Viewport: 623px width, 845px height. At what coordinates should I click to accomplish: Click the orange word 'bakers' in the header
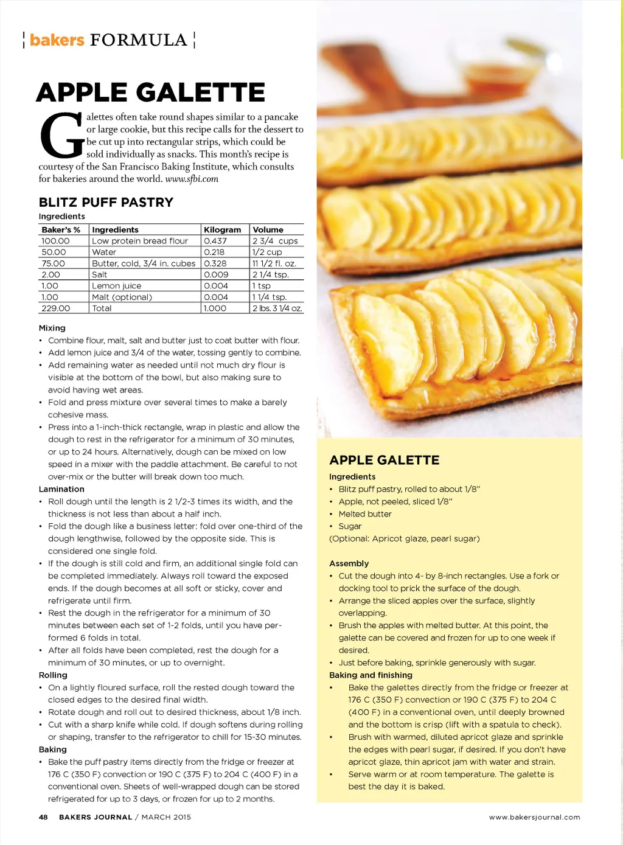tap(57, 40)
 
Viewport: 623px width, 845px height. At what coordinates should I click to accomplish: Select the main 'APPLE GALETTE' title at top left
tap(150, 92)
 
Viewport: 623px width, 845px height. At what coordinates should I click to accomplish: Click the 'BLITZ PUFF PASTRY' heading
tap(106, 203)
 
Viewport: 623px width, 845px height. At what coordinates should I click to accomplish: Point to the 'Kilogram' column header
tap(222, 230)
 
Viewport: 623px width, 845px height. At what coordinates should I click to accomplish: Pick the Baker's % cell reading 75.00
tap(54, 263)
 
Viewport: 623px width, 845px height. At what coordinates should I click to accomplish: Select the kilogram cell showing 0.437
tap(215, 241)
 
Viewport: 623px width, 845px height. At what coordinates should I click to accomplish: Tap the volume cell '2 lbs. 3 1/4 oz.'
tap(277, 308)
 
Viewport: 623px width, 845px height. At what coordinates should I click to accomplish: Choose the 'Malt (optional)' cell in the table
tap(122, 297)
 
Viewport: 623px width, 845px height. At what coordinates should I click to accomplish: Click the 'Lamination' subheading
tap(61, 489)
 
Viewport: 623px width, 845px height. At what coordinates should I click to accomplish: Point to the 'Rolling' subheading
tap(53, 675)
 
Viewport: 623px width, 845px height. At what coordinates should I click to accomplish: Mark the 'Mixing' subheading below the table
tap(52, 328)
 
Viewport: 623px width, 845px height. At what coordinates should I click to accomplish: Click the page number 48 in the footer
tap(43, 817)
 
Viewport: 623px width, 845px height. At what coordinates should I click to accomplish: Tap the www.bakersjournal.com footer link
tap(534, 817)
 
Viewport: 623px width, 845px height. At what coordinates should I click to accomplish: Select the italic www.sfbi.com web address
tap(192, 179)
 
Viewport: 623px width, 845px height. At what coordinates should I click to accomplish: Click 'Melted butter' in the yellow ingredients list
tap(365, 514)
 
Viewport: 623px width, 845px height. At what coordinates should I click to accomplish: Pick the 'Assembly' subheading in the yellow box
tap(349, 563)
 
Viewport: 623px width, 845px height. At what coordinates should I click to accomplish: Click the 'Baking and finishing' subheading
tap(371, 675)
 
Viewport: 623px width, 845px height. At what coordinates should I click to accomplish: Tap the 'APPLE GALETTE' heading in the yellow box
tap(384, 461)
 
